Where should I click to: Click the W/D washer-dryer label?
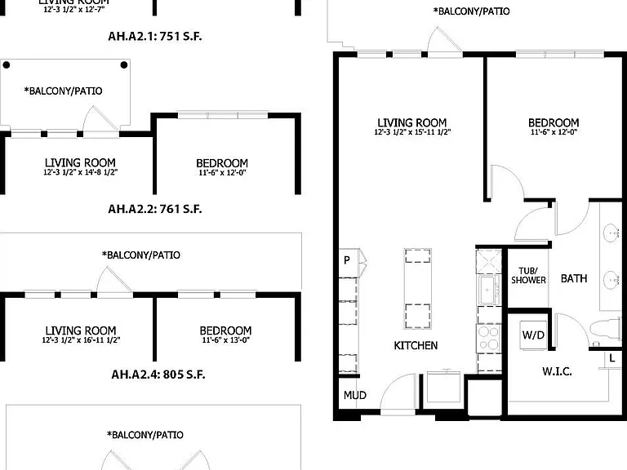click(x=533, y=335)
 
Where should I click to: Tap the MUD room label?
click(x=354, y=395)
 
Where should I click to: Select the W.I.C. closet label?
click(x=557, y=371)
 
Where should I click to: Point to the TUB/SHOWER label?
click(x=528, y=276)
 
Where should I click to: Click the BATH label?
click(x=574, y=278)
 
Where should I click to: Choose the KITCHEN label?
click(x=416, y=345)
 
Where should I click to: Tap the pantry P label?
click(x=347, y=260)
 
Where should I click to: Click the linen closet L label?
click(x=611, y=358)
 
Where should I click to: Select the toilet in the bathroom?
click(x=606, y=330)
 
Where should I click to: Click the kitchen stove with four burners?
click(x=489, y=339)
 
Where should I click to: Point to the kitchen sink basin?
click(x=489, y=290)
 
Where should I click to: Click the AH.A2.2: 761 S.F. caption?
click(x=155, y=209)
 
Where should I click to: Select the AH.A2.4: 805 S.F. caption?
click(x=158, y=375)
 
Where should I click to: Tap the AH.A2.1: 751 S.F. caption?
click(x=155, y=37)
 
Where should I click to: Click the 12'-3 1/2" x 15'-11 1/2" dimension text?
click(x=412, y=132)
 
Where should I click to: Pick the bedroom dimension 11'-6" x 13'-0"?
click(x=225, y=340)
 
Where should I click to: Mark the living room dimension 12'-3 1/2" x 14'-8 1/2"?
click(x=80, y=172)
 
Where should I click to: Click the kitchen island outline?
click(x=417, y=289)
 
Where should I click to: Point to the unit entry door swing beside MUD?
click(x=397, y=392)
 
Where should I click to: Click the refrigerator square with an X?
click(x=489, y=262)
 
